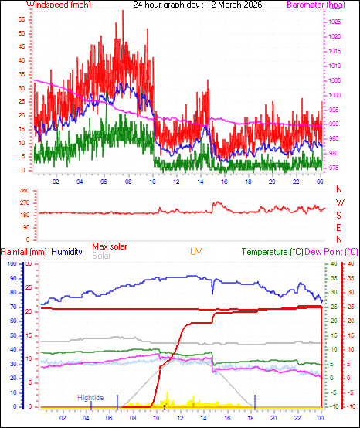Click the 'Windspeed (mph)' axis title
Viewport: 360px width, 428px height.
[x=58, y=5]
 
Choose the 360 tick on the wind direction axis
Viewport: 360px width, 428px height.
[x=23, y=190]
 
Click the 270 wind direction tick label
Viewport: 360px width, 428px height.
[x=23, y=202]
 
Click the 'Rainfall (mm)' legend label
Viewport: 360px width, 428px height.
[x=24, y=252]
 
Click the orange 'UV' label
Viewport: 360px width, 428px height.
[x=197, y=252]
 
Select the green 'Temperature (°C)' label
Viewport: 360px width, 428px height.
[x=272, y=252]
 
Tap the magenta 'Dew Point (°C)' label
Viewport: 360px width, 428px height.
[x=331, y=252]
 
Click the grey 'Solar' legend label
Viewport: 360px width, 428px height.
[x=101, y=255]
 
